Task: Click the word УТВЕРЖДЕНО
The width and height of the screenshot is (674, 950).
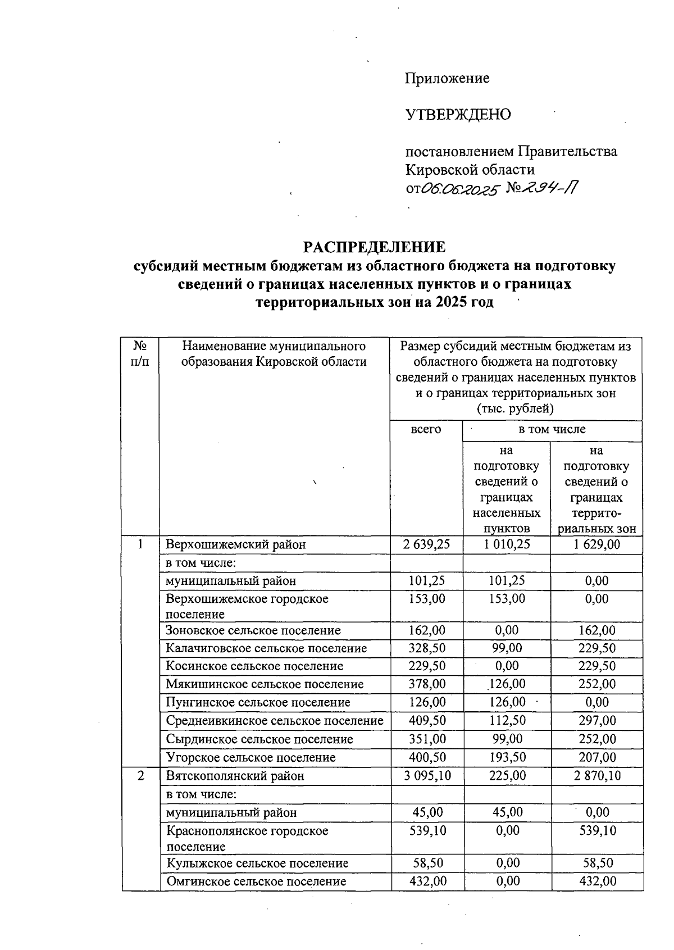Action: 458,115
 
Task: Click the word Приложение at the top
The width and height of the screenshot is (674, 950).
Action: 447,78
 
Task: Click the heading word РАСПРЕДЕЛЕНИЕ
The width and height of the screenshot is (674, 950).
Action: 375,247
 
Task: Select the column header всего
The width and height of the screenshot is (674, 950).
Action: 426,429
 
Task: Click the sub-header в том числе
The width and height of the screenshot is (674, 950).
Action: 552,429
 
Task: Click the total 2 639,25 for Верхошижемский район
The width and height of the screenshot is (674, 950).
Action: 426,544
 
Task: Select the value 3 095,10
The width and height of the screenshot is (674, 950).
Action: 427,776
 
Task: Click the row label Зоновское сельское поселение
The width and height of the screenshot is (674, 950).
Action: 253,630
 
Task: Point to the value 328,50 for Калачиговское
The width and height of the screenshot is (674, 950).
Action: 427,648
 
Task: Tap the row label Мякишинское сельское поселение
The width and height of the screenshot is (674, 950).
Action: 265,684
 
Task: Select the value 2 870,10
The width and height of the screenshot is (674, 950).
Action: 596,776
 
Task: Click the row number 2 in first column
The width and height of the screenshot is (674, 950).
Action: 140,776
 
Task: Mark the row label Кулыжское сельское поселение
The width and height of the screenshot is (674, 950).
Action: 257,863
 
